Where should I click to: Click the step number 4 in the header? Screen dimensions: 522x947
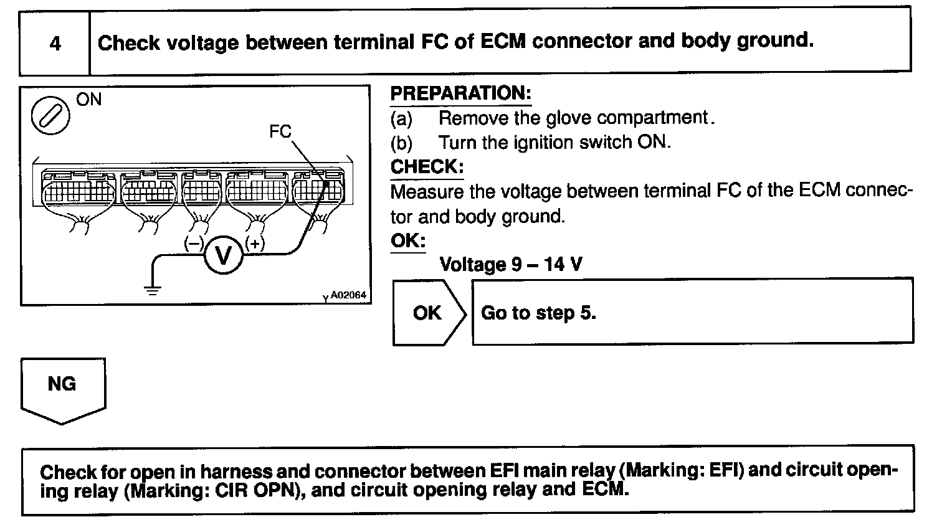tap(55, 44)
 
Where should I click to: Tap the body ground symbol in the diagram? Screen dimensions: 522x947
tap(152, 288)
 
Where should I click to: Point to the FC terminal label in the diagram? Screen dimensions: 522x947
tap(280, 131)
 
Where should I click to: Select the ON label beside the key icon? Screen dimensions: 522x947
tap(89, 100)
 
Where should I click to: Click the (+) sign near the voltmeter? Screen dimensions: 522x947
tap(255, 244)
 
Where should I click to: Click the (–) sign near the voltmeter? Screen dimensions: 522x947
tap(193, 244)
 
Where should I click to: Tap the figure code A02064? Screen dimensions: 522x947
tap(348, 296)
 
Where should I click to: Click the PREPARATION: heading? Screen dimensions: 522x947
tap(460, 93)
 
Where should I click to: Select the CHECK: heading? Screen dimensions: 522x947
tap(427, 167)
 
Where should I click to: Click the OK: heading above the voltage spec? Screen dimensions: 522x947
tap(407, 240)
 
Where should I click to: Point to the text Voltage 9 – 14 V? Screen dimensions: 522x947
tap(511, 265)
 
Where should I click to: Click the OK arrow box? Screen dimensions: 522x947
tap(427, 313)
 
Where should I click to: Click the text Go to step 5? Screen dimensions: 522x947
tap(538, 313)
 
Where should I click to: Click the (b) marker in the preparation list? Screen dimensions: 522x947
tap(401, 143)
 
